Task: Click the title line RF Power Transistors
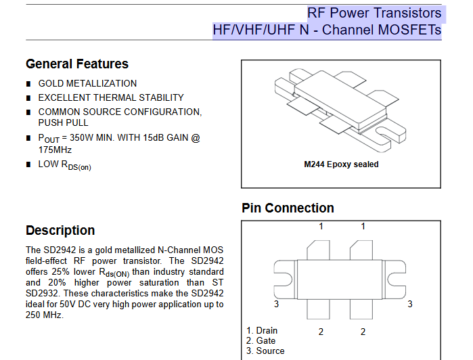tap(374, 13)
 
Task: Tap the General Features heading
tap(77, 64)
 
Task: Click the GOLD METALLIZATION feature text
tap(87, 83)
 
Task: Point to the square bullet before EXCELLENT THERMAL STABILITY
tap(28, 98)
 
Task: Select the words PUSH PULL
tap(63, 122)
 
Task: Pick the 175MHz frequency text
tap(55, 150)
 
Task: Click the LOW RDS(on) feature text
tap(64, 165)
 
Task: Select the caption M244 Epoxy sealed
tap(342, 164)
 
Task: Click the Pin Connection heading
tap(288, 208)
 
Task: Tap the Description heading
tap(60, 230)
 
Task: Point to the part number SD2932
tap(41, 293)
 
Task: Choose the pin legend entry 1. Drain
tap(262, 331)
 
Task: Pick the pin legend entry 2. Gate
tap(261, 340)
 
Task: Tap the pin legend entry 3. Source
tap(265, 351)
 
